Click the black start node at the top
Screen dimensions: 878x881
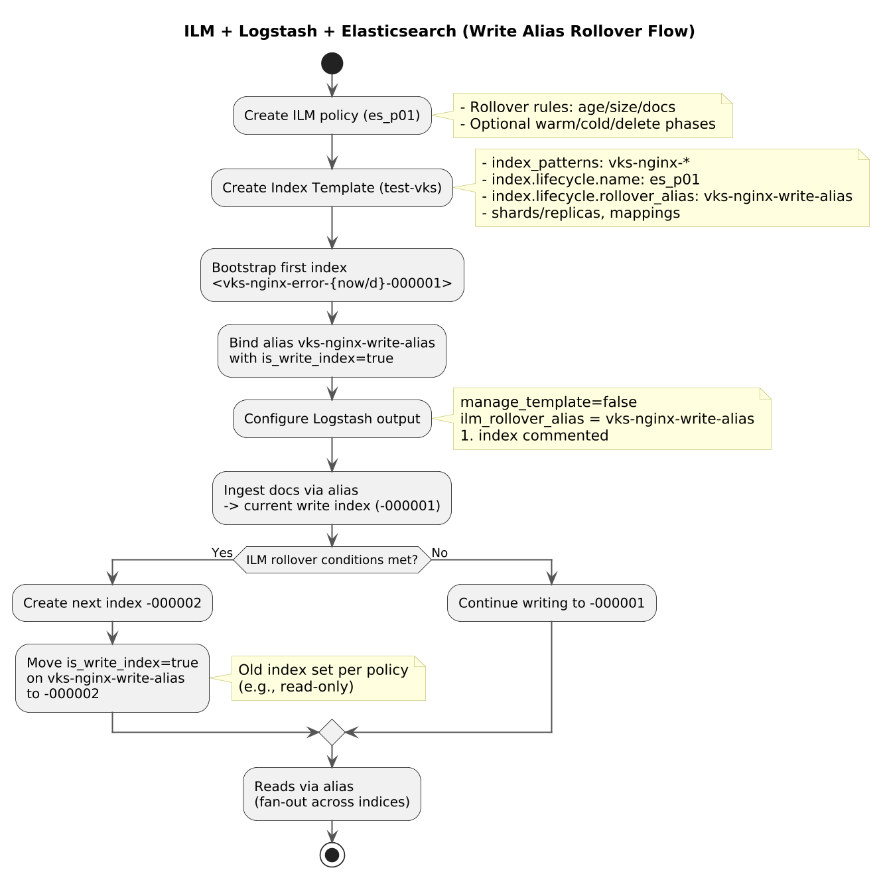pyautogui.click(x=332, y=64)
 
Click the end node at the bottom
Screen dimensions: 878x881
pyautogui.click(x=332, y=855)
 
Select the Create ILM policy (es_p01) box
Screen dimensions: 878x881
pyautogui.click(x=332, y=115)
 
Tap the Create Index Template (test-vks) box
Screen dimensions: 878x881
pyautogui.click(x=332, y=188)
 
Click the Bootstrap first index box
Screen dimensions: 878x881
pyautogui.click(x=332, y=275)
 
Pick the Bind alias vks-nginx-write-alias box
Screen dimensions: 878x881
pyautogui.click(x=332, y=351)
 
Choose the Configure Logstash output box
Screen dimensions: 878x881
pyautogui.click(x=332, y=419)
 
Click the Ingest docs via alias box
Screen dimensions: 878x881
pyautogui.click(x=332, y=498)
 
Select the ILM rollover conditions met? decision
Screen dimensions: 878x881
pyautogui.click(x=332, y=560)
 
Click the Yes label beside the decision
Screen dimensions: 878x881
pyautogui.click(x=222, y=553)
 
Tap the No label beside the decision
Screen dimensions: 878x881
pyautogui.click(x=440, y=553)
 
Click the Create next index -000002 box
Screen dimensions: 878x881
pyautogui.click(x=112, y=603)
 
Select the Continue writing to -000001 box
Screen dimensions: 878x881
pyautogui.click(x=551, y=603)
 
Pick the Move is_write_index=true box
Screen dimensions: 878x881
pyautogui.click(x=112, y=678)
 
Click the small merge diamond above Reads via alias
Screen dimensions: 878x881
pyautogui.click(x=332, y=732)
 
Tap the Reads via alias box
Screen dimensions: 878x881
pyautogui.click(x=332, y=794)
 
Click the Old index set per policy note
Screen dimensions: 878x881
pyautogui.click(x=328, y=678)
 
